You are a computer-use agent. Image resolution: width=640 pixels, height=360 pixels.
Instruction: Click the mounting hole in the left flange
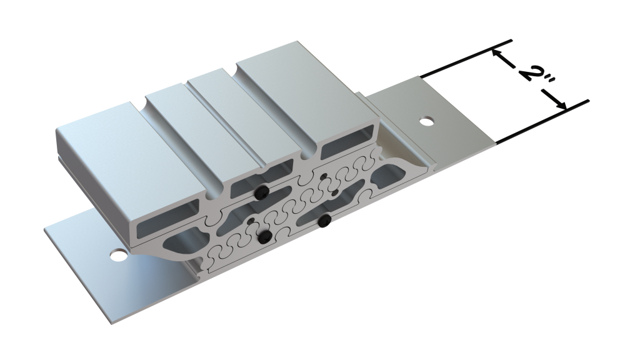pyautogui.click(x=119, y=256)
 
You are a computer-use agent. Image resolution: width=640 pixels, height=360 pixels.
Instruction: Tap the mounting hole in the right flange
pyautogui.click(x=426, y=121)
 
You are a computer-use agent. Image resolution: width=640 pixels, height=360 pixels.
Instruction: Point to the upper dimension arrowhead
pyautogui.click(x=496, y=54)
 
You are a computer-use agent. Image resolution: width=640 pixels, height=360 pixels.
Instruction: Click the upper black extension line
pyautogui.click(x=466, y=58)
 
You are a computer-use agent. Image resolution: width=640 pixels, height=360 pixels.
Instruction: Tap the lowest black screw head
pyautogui.click(x=266, y=236)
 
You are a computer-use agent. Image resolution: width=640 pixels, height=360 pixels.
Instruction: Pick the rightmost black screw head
pyautogui.click(x=324, y=221)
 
